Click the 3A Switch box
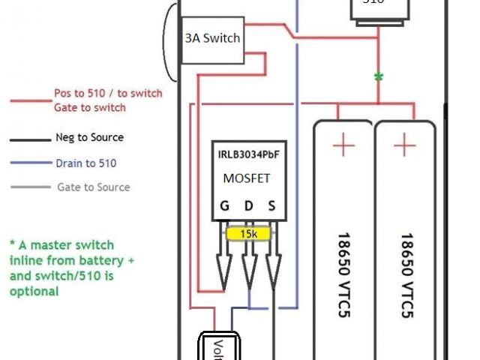pos(211,37)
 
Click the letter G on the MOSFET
pos(224,205)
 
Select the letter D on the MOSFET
pos(248,205)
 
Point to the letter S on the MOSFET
pos(272,205)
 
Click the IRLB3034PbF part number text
pos(247,154)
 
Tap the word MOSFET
pos(247,178)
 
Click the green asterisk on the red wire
pos(378,76)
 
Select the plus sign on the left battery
pos(343,145)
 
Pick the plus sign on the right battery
pos(404,145)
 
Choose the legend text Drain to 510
pos(85,163)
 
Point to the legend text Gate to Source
pos(93,187)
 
